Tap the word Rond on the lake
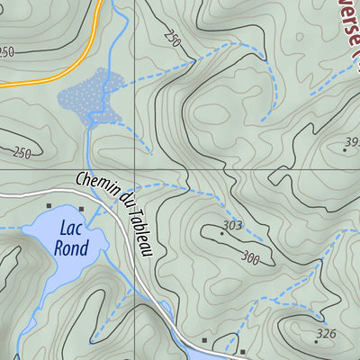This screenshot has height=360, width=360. tap(71, 247)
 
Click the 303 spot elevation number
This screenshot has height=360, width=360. tap(233, 225)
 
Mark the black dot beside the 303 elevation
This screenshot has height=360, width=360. tap(221, 233)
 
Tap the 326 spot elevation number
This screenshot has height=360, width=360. tap(325, 334)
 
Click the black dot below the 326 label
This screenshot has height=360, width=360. tap(317, 342)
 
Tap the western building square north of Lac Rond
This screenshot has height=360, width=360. tap(49, 206)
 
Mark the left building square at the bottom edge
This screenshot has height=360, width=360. tap(205, 340)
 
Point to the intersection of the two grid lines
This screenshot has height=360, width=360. tap(136, 169)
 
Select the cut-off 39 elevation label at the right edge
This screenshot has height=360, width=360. tap(351, 143)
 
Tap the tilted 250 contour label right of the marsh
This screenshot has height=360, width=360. tap(174, 40)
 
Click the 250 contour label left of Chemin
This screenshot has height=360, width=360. tap(22, 154)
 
